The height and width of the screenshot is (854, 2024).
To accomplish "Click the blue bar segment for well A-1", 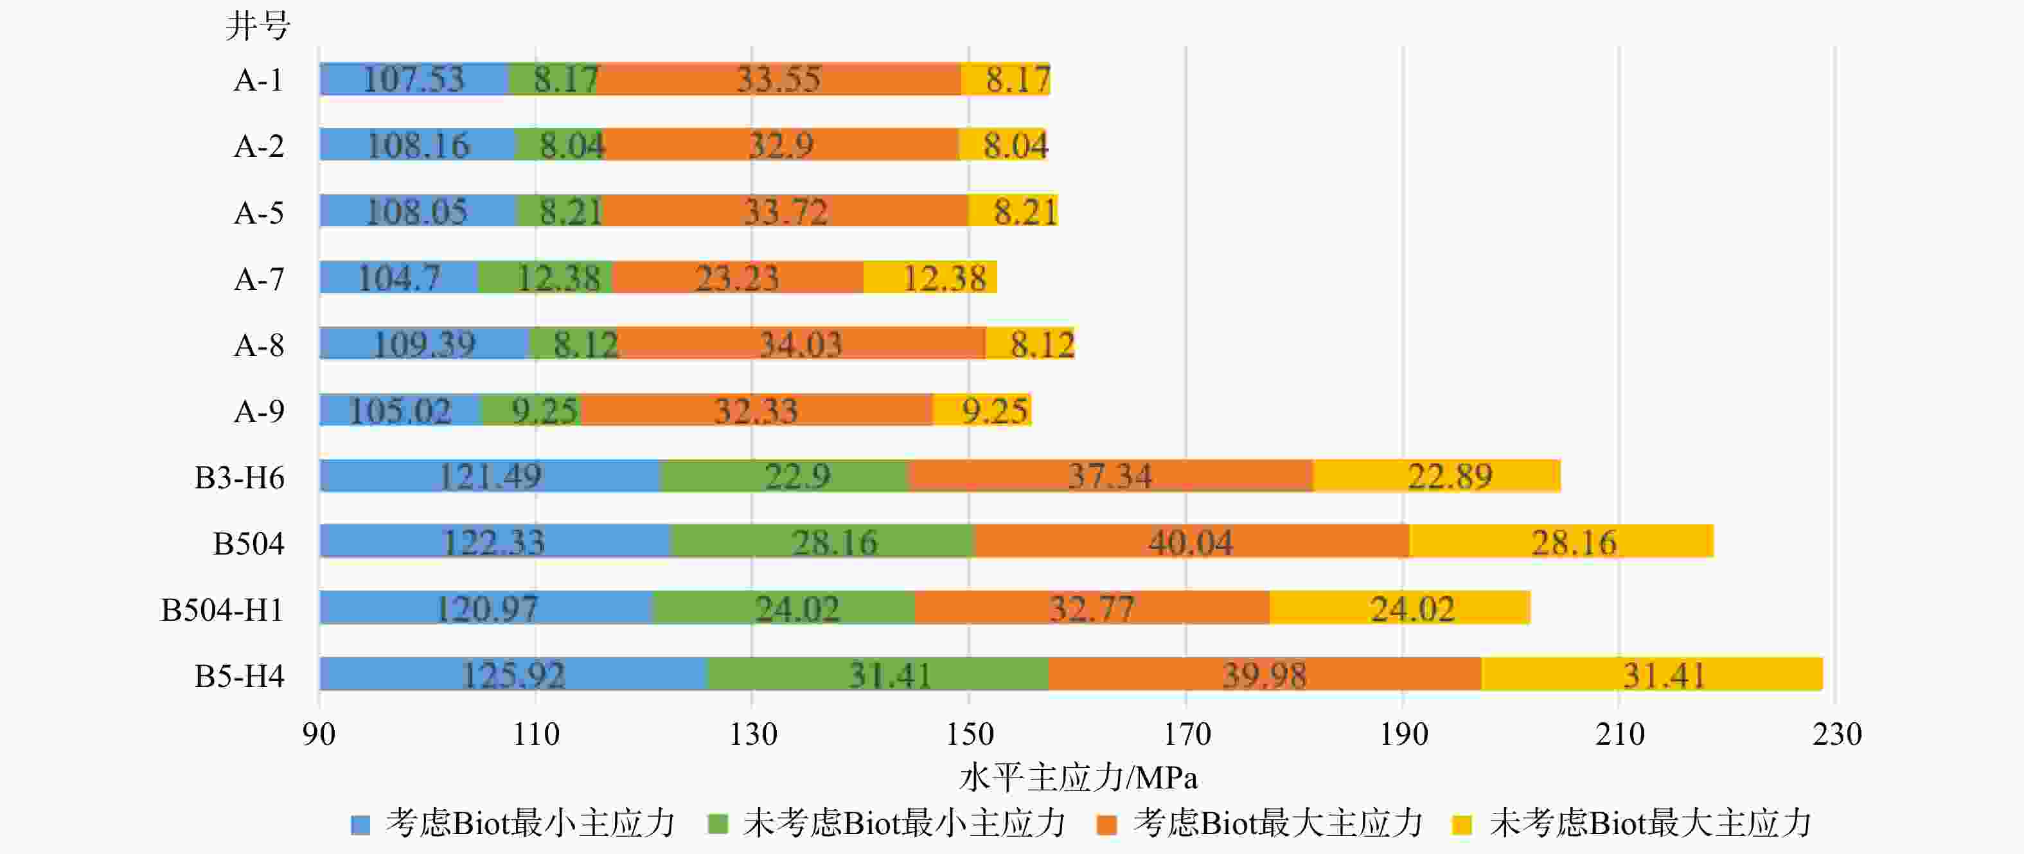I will pos(414,78).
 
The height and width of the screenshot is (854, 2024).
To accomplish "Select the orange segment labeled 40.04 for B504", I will pos(1191,541).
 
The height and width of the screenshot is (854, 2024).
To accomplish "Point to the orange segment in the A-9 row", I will pos(756,409).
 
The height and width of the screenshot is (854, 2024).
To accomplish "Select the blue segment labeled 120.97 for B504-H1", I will pos(486,607).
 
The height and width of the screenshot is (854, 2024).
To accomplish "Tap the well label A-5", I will pos(260,213).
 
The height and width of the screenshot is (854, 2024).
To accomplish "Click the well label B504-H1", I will pos(222,610).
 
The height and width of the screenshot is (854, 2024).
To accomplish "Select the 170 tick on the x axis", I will pos(1186,734).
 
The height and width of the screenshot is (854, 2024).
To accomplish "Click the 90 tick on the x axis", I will pos(319,734).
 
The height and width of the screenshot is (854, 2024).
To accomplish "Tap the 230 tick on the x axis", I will pos(1836,734).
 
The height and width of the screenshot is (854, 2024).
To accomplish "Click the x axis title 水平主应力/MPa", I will pos(1078,778).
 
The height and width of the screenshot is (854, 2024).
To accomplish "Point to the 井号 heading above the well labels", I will pos(258,26).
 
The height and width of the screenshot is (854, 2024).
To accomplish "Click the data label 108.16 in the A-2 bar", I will pos(418,145).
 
